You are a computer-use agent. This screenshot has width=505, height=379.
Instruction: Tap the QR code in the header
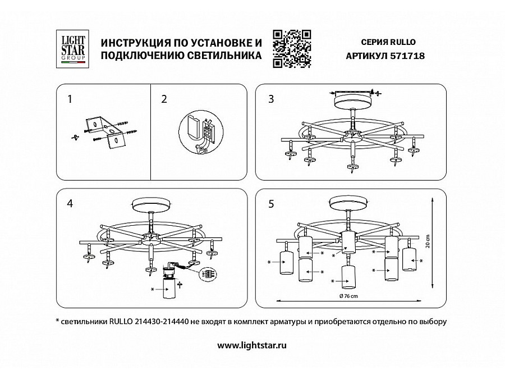(x=292, y=49)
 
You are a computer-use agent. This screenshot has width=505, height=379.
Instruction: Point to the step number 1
(x=70, y=99)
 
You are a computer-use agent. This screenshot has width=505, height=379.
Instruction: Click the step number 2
(x=164, y=99)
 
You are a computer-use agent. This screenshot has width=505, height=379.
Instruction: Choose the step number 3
(x=272, y=99)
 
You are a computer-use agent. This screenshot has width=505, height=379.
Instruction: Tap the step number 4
(x=70, y=203)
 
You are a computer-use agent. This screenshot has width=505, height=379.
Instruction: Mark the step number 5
(x=272, y=203)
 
